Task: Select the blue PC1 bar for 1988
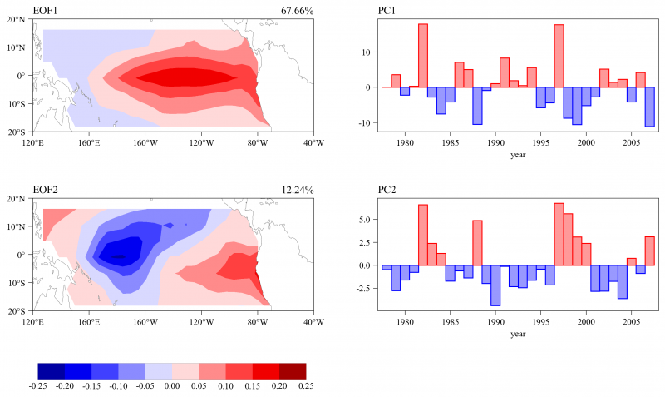pos(478,106)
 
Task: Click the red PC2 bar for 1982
pos(423,235)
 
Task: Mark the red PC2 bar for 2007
pos(650,251)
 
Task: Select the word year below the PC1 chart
pos(519,155)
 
